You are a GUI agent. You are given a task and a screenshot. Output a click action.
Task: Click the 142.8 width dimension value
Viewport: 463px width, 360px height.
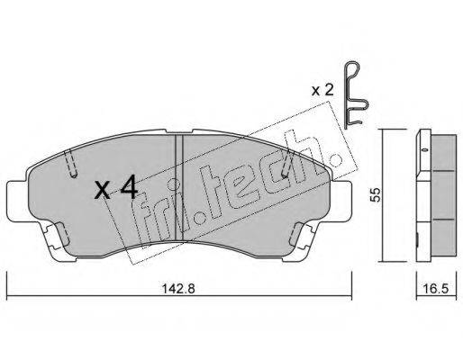(178, 289)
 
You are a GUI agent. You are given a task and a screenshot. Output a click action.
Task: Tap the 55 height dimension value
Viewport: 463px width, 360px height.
(376, 194)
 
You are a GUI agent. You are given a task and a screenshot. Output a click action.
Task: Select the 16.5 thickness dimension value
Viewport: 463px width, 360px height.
(436, 289)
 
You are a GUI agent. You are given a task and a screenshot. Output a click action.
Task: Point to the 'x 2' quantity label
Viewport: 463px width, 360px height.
(322, 90)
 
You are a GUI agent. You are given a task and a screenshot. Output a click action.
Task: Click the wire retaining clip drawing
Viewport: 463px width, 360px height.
(356, 95)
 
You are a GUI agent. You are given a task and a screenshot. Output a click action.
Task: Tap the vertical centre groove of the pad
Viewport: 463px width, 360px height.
(179, 187)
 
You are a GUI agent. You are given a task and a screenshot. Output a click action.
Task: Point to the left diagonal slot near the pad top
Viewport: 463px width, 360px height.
(71, 163)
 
